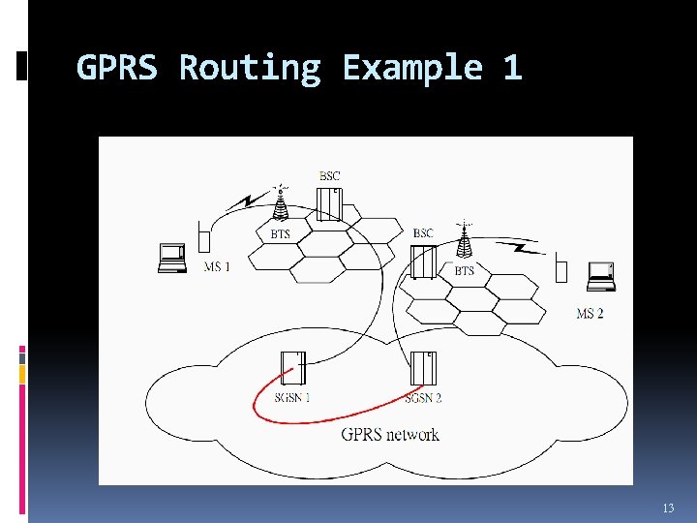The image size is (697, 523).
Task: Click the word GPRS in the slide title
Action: (119, 68)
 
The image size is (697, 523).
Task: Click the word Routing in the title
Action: (250, 68)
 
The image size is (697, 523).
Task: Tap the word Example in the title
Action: (412, 68)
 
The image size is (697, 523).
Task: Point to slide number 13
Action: (668, 508)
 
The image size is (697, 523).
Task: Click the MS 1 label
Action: (217, 266)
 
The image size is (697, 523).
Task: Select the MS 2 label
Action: (590, 313)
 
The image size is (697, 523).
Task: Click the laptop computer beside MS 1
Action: (172, 258)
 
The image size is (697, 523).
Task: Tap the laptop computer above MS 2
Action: (601, 276)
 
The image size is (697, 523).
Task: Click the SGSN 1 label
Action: (291, 397)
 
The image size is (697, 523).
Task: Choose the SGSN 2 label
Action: (423, 397)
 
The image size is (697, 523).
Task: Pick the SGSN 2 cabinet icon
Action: (423, 369)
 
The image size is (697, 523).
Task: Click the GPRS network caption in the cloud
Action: (390, 434)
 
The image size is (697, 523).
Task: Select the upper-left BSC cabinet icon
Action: (329, 202)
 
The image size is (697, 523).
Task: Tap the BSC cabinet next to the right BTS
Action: (423, 261)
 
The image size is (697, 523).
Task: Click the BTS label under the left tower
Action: (280, 233)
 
